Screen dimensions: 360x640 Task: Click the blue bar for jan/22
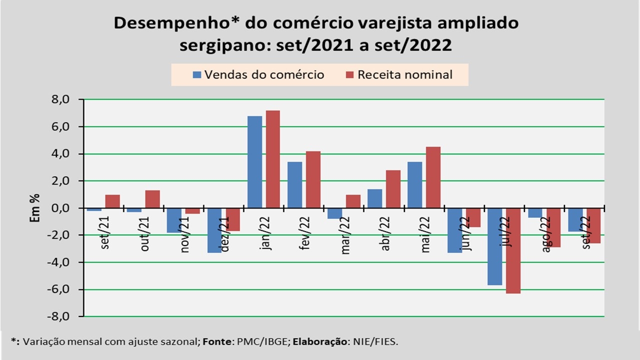[255, 162]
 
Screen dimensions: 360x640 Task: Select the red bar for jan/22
[273, 159]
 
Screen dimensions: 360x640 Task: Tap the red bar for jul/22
[513, 250]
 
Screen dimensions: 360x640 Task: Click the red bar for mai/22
[433, 177]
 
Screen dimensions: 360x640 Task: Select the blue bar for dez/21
[214, 230]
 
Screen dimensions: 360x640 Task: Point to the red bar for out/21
[152, 199]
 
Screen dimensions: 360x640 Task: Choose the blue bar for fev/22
[295, 185]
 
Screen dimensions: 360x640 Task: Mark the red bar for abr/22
[393, 189]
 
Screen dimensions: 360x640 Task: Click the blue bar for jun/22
[455, 230]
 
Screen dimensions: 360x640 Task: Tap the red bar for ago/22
[553, 227]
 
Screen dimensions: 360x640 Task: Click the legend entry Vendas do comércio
[258, 75]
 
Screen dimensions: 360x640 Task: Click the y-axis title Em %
[35, 208]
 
